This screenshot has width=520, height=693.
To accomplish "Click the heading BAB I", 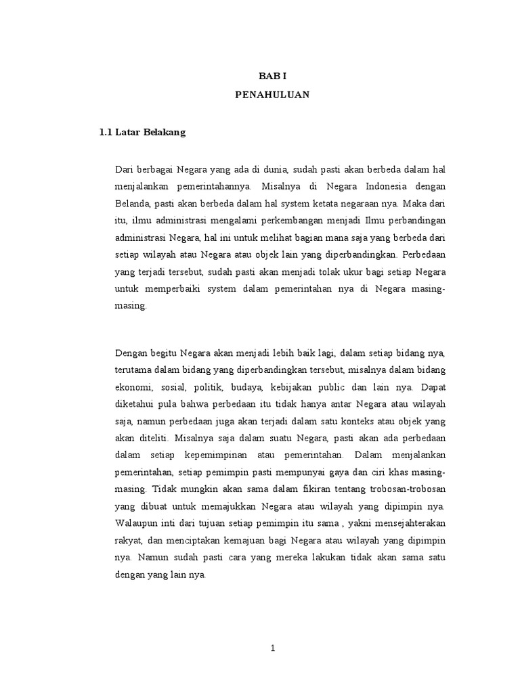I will coord(273,78).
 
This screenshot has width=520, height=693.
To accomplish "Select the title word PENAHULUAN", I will coord(272,95).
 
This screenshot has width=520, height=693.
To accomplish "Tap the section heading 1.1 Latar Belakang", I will coord(142,133).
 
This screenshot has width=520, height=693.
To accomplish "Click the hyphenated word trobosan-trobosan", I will coord(400,489).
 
